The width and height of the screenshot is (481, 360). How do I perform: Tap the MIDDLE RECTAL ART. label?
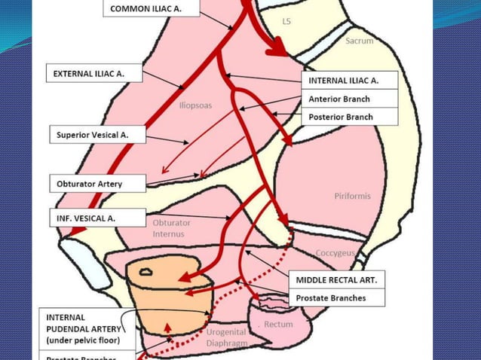[336, 279]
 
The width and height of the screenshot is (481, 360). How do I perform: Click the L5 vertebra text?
[286, 22]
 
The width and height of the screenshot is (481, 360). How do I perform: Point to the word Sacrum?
[359, 41]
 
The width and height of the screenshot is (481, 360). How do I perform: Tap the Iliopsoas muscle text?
[195, 105]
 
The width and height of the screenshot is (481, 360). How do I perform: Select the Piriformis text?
[352, 197]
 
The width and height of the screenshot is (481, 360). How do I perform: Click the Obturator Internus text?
[172, 228]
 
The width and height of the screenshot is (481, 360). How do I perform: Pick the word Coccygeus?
[335, 253]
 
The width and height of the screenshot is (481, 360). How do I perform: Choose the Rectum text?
[278, 325]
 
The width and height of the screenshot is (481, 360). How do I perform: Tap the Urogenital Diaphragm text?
[226, 337]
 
